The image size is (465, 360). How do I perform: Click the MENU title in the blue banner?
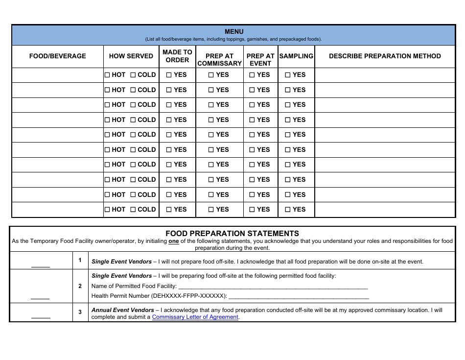point(233,32)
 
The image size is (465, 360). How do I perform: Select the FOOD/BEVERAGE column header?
point(58,56)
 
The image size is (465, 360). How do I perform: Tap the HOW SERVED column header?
point(131,56)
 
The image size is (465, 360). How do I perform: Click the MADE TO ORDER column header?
point(177,56)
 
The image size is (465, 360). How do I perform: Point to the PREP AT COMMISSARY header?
point(219,60)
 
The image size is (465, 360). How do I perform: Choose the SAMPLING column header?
point(296,56)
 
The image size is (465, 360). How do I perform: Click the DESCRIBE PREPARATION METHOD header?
point(385,56)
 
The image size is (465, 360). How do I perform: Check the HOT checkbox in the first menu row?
point(108,75)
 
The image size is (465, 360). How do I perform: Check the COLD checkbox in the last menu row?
point(133,210)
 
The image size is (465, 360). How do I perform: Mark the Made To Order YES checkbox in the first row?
point(169,75)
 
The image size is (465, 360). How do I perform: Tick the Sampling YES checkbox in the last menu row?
point(288,210)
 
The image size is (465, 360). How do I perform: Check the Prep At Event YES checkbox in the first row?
point(252,75)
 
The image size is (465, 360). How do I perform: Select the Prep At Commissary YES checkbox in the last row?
point(211,210)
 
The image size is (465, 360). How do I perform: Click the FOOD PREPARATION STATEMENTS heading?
point(232,234)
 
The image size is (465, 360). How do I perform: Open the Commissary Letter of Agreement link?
point(195,317)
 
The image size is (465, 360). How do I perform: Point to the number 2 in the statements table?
point(80,286)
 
